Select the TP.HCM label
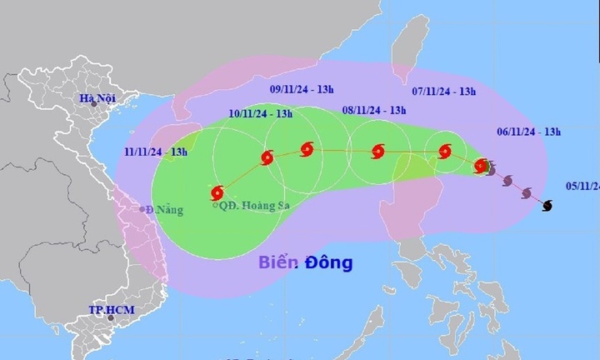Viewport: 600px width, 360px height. (x=111, y=309)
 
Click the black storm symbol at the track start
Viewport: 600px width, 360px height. (x=547, y=206)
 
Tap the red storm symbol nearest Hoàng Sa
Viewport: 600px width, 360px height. (x=218, y=192)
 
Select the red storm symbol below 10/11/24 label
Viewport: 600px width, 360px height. (x=267, y=157)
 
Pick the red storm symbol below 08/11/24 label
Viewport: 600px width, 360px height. (x=377, y=152)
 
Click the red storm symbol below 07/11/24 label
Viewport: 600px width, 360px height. (x=443, y=152)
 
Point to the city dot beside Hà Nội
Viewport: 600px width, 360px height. (x=94, y=105)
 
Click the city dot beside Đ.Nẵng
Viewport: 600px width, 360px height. (x=142, y=209)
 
